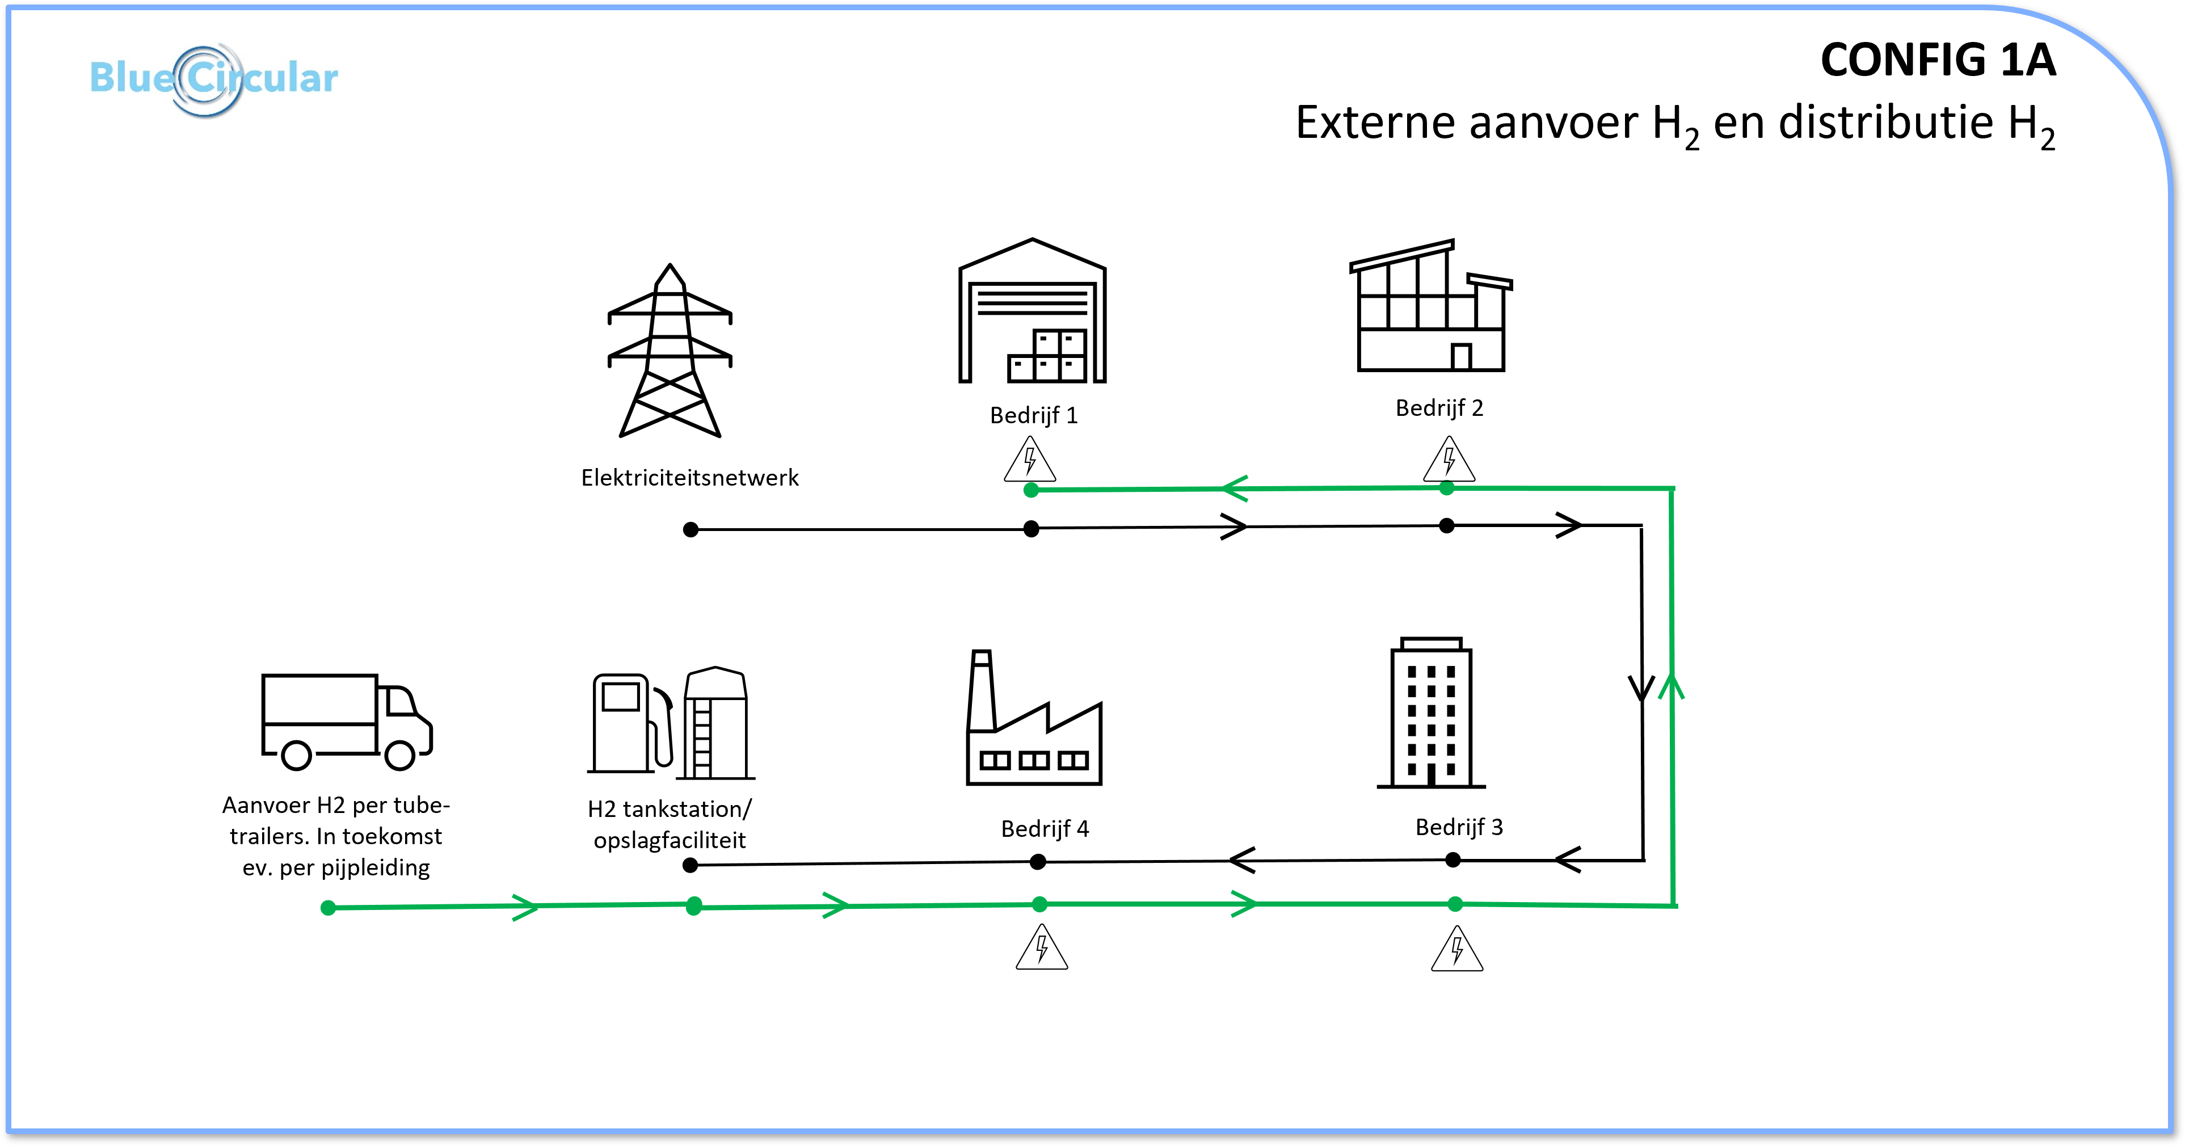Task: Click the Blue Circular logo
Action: pos(214,79)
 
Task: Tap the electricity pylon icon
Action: pos(670,351)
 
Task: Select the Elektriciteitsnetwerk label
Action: pos(689,478)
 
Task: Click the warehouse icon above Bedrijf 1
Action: pos(1032,310)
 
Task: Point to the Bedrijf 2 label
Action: pos(1439,408)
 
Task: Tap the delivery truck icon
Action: pos(347,722)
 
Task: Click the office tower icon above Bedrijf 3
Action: pos(1431,713)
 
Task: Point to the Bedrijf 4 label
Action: pos(1045,829)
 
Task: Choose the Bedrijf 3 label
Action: pos(1459,827)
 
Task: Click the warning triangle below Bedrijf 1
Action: pos(1030,461)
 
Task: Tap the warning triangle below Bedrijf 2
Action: pos(1449,461)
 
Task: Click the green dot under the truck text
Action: pos(329,908)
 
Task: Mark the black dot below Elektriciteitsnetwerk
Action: pos(691,530)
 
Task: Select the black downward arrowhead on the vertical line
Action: pos(1642,689)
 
